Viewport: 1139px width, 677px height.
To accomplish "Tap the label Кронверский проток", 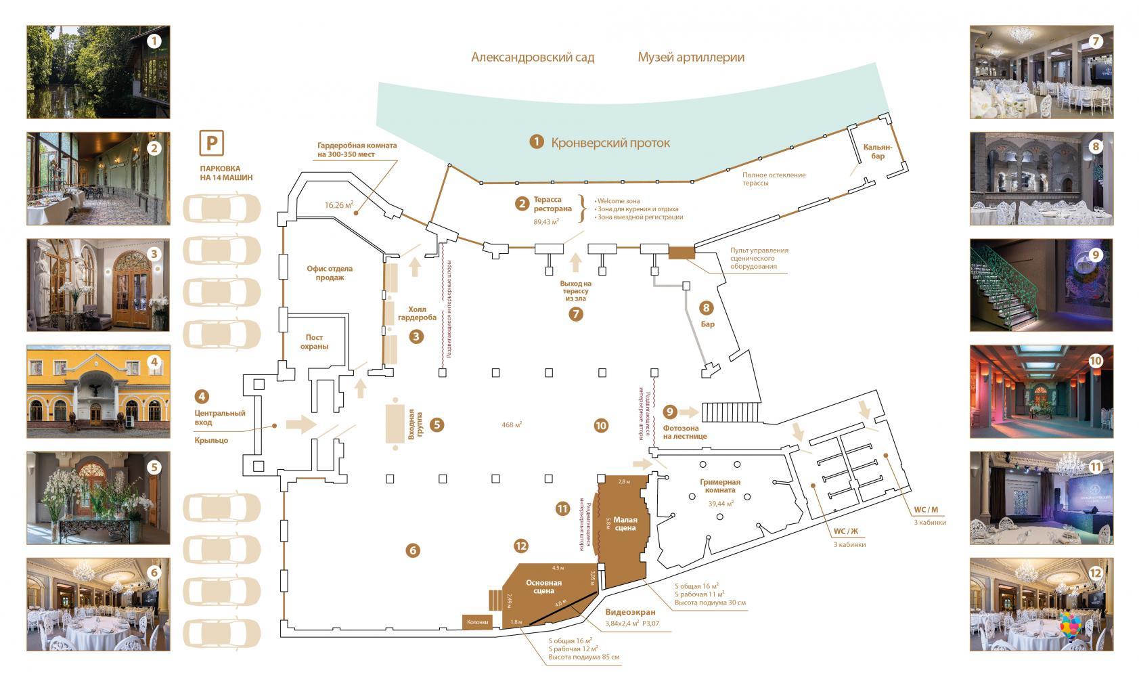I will (610, 143).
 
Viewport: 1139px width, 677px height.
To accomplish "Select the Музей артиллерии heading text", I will (691, 57).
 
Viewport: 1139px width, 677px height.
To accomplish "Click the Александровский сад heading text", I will (533, 57).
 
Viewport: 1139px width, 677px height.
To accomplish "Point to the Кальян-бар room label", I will (878, 152).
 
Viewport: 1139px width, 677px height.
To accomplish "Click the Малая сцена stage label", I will (625, 524).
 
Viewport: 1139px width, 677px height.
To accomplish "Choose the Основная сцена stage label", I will (543, 586).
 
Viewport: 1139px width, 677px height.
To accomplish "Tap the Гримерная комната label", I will (720, 487).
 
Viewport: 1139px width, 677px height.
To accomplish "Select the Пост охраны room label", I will (314, 342).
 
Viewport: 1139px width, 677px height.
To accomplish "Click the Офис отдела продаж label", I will (330, 273).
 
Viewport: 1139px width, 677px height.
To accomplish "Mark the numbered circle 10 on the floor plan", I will (601, 425).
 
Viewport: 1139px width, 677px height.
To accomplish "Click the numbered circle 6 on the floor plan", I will (413, 550).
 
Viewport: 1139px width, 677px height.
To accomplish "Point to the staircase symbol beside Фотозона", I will (730, 412).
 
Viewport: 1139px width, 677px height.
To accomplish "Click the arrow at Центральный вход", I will (300, 424).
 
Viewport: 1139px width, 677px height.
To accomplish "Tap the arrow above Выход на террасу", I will (576, 261).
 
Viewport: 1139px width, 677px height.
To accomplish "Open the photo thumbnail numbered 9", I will (1041, 284).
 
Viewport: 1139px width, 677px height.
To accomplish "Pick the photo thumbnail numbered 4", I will (98, 391).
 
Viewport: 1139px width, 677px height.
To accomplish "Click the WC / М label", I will (926, 509).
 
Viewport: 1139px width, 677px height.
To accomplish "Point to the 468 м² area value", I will (511, 425).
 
